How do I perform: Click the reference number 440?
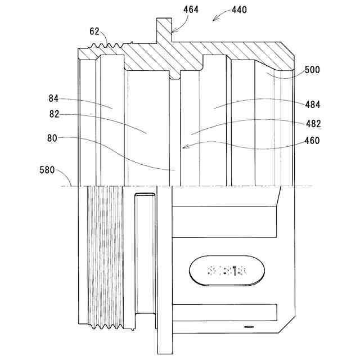point(238,10)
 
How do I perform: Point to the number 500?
point(312,70)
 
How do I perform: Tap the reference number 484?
point(312,104)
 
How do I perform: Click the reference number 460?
point(312,141)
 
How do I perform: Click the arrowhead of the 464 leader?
point(172,30)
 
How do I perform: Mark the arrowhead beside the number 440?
point(214,20)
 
